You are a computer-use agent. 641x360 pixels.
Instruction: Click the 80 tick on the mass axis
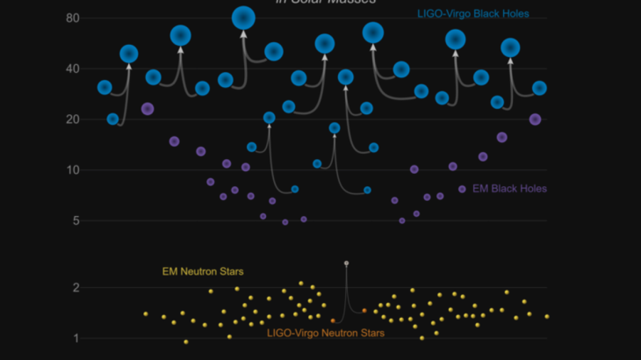(72, 18)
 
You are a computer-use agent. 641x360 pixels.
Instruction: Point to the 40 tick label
(72, 68)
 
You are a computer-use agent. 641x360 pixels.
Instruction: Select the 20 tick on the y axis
(72, 119)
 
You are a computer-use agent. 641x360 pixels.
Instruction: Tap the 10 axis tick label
(72, 169)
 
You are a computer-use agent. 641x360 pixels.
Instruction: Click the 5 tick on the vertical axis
(76, 220)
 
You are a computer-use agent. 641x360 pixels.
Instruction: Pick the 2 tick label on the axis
(76, 287)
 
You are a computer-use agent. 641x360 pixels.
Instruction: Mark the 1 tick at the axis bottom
(76, 338)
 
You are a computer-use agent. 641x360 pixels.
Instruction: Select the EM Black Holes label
(509, 189)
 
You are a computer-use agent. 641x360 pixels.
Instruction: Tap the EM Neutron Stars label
(203, 272)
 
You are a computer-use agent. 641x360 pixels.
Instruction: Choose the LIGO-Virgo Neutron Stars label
(326, 333)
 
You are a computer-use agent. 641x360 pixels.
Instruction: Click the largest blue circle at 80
(244, 18)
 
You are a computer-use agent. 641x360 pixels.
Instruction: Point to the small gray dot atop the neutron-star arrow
(346, 263)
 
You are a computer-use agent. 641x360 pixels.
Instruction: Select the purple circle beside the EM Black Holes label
(462, 189)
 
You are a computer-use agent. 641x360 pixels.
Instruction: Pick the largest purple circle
(148, 109)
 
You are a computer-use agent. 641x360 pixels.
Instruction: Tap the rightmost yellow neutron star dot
(546, 316)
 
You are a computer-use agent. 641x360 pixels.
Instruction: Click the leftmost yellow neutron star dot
(146, 313)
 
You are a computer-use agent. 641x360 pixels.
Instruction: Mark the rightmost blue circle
(539, 88)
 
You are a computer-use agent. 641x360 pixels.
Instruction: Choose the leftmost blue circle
(104, 87)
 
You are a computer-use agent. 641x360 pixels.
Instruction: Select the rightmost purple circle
(536, 119)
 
